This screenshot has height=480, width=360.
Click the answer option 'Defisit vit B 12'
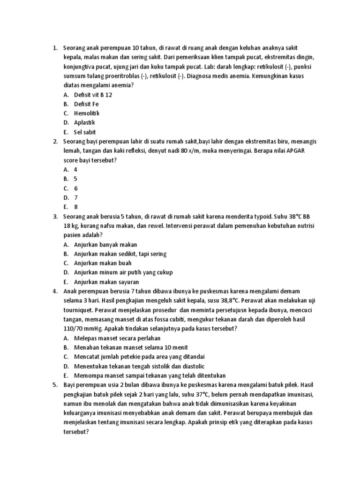pyautogui.click(x=93, y=95)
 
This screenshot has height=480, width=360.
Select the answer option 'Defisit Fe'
pyautogui.click(x=86, y=104)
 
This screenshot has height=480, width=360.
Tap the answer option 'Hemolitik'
pyautogui.click(x=87, y=113)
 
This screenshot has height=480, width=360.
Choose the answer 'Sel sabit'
pyautogui.click(x=85, y=132)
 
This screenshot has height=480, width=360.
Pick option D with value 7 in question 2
pyautogui.click(x=75, y=198)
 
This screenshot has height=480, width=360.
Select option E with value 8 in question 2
pyautogui.click(x=75, y=207)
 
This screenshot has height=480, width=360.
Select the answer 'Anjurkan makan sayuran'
pyautogui.click(x=106, y=282)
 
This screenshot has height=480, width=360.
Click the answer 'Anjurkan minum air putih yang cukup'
pyautogui.click(x=123, y=273)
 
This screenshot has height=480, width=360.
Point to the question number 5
pyautogui.click(x=55, y=385)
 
